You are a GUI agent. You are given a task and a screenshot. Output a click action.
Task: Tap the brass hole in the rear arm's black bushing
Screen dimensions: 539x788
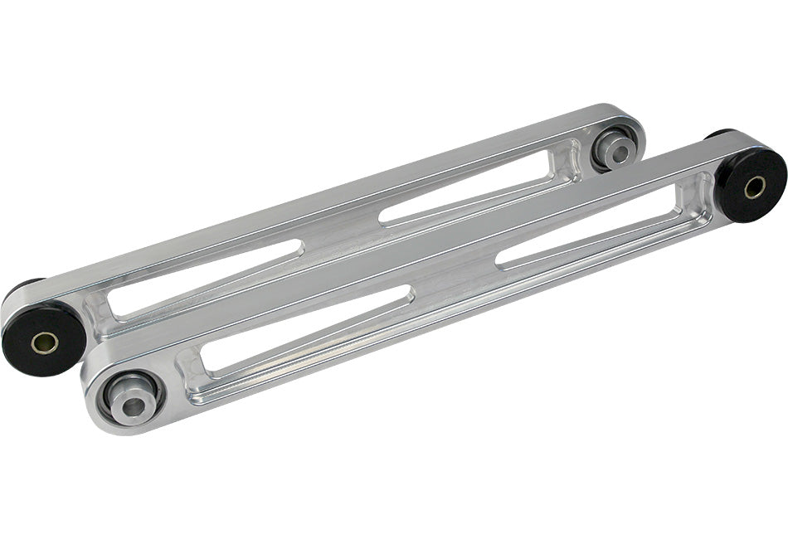(x=45, y=342)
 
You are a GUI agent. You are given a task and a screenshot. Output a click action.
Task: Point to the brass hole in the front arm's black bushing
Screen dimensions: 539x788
(x=755, y=187)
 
